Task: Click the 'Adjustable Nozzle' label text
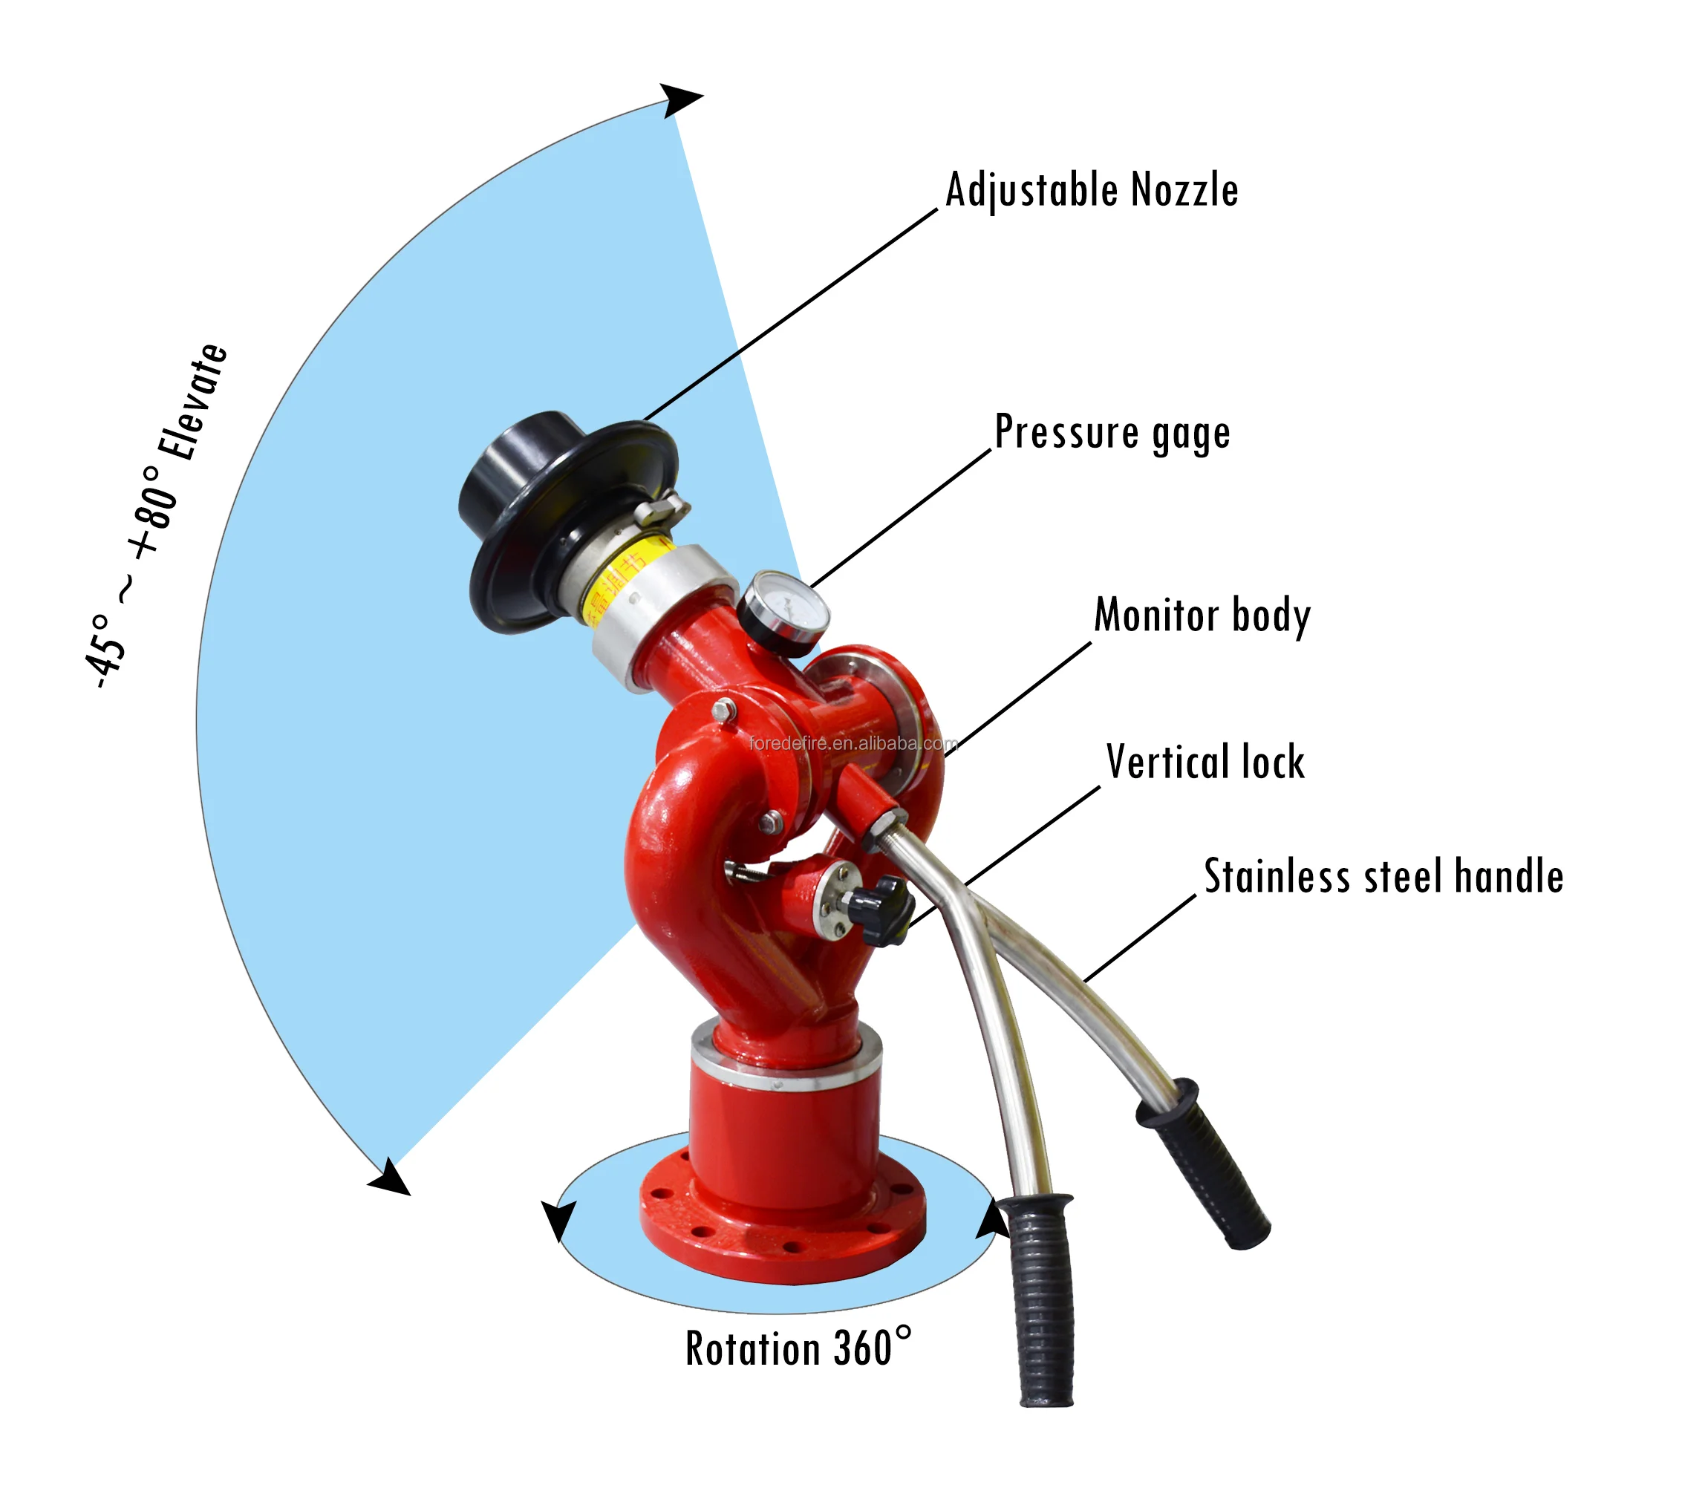1092,190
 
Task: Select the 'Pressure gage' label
1112,433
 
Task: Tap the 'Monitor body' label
1202,615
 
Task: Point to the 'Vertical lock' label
1205,762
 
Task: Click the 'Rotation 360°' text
798,1348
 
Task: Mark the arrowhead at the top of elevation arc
679,100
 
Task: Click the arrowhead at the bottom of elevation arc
391,1178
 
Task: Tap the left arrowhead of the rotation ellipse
558,1219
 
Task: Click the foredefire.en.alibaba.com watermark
853,743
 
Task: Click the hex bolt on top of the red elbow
724,710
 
